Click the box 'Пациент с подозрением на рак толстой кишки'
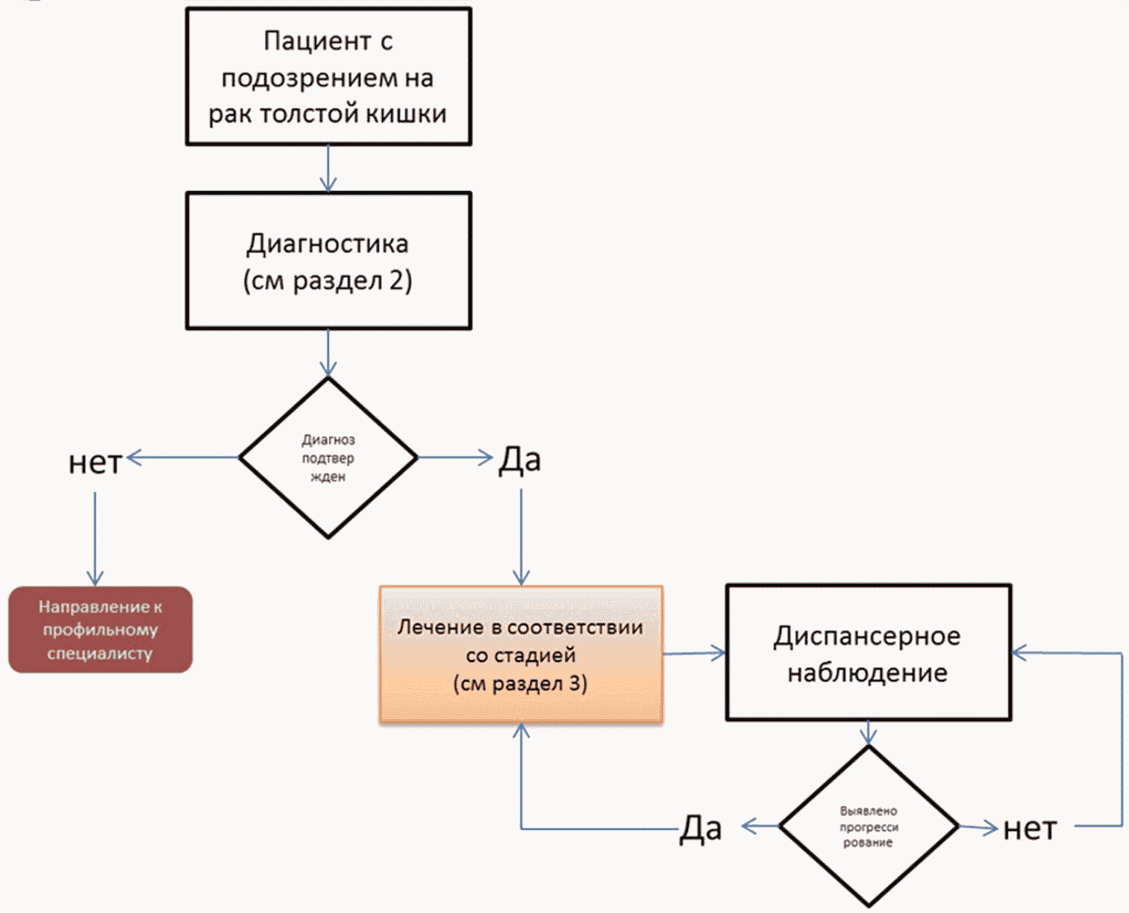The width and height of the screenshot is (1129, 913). click(x=328, y=77)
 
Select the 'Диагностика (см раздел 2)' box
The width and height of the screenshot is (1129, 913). click(x=328, y=261)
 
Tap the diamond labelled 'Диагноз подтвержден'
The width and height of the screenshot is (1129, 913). click(x=328, y=458)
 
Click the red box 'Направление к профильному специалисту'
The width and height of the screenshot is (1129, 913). click(x=100, y=629)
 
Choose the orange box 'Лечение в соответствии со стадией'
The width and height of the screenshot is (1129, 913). click(x=521, y=655)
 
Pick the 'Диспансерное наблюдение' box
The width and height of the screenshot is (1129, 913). click(x=868, y=652)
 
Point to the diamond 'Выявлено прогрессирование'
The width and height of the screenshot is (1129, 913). click(x=868, y=826)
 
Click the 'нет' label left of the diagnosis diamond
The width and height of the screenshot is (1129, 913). click(x=95, y=462)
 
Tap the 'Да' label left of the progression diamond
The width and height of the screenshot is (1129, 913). click(x=701, y=829)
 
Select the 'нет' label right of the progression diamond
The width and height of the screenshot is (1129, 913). click(x=1030, y=829)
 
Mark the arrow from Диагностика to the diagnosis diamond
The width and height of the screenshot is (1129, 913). click(x=328, y=353)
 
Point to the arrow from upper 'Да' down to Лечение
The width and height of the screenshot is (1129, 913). click(x=521, y=537)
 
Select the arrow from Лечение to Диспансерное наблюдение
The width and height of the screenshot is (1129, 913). click(x=694, y=653)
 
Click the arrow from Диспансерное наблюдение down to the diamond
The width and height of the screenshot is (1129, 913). click(x=868, y=733)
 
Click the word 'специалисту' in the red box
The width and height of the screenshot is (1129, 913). click(x=100, y=653)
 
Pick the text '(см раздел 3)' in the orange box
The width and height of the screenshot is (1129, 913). click(x=520, y=684)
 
